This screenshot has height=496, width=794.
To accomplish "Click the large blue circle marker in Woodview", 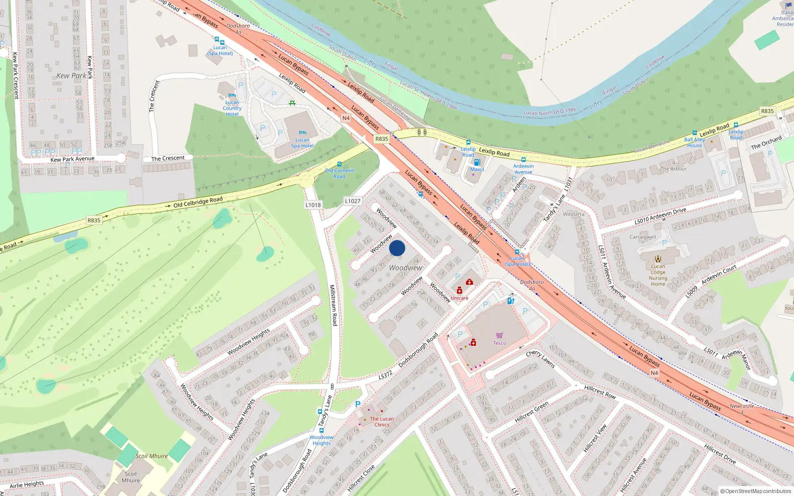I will [x=397, y=248].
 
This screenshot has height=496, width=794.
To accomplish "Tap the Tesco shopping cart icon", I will [x=499, y=336].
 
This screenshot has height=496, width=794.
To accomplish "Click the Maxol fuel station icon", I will [x=477, y=162].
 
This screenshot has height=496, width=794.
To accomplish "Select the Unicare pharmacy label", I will [x=460, y=298].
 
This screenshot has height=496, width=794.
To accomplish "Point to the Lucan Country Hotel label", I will [x=232, y=108].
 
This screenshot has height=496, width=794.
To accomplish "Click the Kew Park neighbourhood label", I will [x=71, y=76].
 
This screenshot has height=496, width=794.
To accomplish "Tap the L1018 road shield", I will [x=313, y=205].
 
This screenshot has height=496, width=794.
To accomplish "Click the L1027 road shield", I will [x=353, y=201].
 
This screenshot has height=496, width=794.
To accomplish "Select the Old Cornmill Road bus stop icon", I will [x=339, y=164].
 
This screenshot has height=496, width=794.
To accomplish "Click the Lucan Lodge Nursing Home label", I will [x=658, y=275].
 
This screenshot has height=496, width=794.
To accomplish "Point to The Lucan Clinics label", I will [x=382, y=422].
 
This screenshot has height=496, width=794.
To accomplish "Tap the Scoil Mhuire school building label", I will [x=131, y=477].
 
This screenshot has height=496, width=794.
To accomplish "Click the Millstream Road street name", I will [x=334, y=305].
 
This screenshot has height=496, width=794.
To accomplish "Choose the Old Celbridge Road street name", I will [x=198, y=202].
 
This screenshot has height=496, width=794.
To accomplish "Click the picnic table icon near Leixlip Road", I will [x=292, y=103].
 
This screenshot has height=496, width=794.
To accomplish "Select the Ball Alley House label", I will [x=694, y=142].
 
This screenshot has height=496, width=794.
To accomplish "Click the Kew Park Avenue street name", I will [x=72, y=159].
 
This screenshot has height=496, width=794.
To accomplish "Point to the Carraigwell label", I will [x=643, y=237].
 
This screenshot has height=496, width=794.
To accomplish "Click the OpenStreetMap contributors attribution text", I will [x=756, y=491].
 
